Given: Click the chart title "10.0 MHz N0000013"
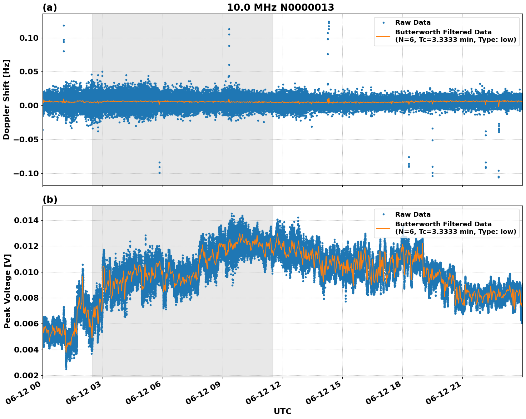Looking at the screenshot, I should [x=281, y=8].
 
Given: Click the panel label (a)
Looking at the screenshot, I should [x=50, y=8].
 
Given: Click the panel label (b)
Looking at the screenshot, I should [x=50, y=199].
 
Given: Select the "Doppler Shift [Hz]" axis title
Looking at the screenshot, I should [x=6, y=99].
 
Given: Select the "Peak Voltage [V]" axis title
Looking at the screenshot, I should [x=7, y=291].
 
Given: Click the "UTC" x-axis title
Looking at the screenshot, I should [x=282, y=411].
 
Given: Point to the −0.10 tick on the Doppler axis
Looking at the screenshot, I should [x=27, y=173].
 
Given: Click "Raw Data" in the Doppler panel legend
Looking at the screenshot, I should [x=413, y=23].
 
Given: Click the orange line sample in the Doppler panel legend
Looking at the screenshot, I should [x=383, y=36].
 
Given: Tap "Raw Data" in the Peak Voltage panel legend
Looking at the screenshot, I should [x=413, y=215].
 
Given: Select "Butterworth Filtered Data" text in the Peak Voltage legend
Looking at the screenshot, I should [x=443, y=224].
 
